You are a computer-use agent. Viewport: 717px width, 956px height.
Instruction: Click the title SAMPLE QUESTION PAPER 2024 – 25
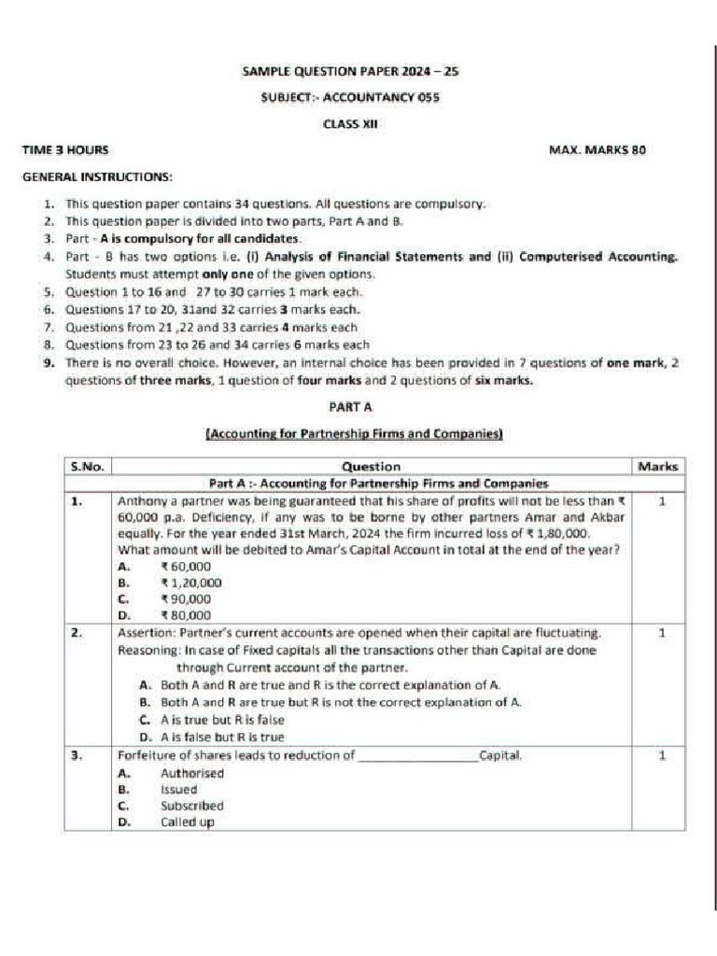pyautogui.click(x=350, y=70)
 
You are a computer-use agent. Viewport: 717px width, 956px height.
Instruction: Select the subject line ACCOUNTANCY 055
pyautogui.click(x=350, y=96)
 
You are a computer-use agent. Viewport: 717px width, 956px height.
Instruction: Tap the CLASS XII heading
pyautogui.click(x=350, y=123)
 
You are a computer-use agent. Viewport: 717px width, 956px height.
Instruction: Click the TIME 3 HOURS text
pyautogui.click(x=65, y=149)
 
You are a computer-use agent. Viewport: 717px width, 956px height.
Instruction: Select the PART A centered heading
pyautogui.click(x=352, y=407)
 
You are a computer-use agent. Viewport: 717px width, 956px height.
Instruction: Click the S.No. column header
pyautogui.click(x=88, y=466)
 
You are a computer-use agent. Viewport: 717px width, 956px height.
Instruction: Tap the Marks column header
pyautogui.click(x=658, y=466)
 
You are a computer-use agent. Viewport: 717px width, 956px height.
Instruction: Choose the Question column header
pyautogui.click(x=371, y=466)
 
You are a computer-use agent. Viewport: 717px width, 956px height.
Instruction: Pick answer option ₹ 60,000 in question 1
pyautogui.click(x=186, y=566)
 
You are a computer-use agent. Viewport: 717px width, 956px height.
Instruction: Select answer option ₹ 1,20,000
pyautogui.click(x=191, y=583)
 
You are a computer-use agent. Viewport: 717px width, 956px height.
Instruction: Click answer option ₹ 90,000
pyautogui.click(x=186, y=599)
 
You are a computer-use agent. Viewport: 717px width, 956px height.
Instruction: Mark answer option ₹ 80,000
pyautogui.click(x=186, y=616)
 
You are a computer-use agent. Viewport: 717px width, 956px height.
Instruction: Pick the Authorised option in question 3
pyautogui.click(x=192, y=773)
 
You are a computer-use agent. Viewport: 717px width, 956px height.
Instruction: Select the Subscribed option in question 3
pyautogui.click(x=192, y=806)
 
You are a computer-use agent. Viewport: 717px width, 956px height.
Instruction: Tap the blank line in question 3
pyautogui.click(x=417, y=757)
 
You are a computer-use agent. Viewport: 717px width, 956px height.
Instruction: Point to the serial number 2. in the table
pyautogui.click(x=77, y=633)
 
